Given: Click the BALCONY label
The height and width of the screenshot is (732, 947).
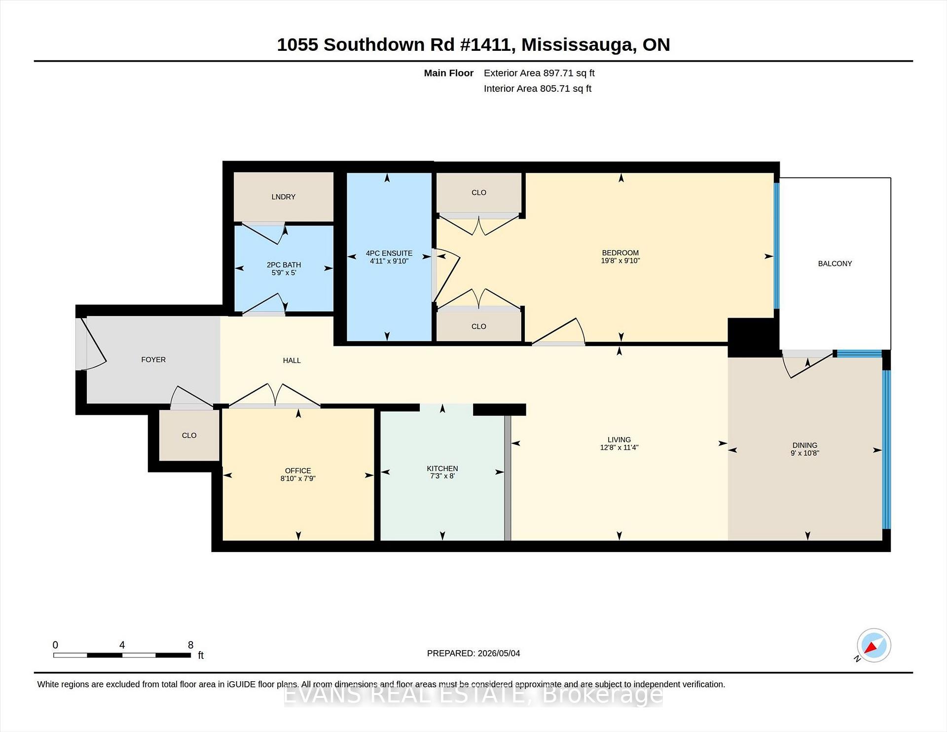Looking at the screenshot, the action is click(x=835, y=263).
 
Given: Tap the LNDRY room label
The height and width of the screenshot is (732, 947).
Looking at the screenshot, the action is click(x=284, y=197).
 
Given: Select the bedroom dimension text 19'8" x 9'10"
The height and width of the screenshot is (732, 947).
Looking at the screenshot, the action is click(x=620, y=261).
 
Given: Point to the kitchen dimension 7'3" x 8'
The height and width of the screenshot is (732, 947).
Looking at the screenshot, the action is click(x=442, y=476).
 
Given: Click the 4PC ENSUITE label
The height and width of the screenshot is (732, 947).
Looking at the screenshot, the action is click(x=389, y=253).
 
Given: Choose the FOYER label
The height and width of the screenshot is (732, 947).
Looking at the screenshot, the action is click(x=153, y=360).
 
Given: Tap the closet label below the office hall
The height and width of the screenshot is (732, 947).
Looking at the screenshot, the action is click(x=189, y=435).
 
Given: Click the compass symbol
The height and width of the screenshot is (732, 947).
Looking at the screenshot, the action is click(x=874, y=646).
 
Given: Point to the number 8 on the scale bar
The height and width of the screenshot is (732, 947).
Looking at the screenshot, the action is click(x=191, y=645).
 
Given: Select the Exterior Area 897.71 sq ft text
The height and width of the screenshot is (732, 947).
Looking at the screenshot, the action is click(x=539, y=73).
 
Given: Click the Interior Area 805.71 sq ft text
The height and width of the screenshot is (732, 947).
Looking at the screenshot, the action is click(x=538, y=89).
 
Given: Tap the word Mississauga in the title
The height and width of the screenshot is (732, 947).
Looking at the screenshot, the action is click(x=577, y=44).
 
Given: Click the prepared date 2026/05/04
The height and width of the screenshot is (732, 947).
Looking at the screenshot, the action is click(x=499, y=653).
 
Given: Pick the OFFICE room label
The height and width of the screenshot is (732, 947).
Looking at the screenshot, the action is click(x=298, y=471).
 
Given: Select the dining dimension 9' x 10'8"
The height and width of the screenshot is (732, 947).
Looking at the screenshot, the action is click(x=805, y=453).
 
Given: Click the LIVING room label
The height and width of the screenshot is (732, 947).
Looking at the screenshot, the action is click(x=619, y=439).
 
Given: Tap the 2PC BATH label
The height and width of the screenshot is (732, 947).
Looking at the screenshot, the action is click(x=284, y=265).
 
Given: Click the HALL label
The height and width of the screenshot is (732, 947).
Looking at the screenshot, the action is click(x=292, y=361).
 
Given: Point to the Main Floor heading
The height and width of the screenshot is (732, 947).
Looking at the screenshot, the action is click(x=449, y=73).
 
